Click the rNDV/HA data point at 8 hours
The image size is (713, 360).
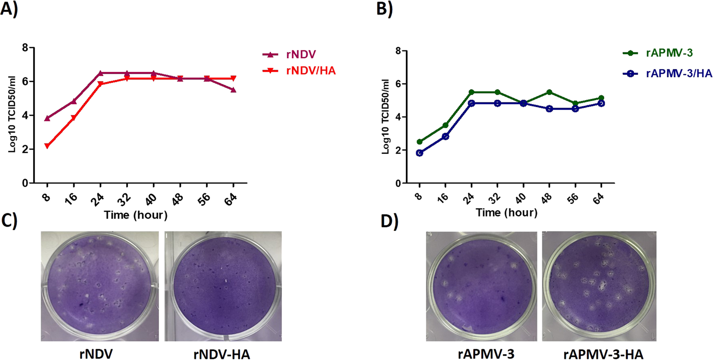47,146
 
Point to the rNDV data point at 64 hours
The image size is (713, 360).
233,90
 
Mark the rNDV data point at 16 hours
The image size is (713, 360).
73,101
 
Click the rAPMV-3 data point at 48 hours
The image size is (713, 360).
549,92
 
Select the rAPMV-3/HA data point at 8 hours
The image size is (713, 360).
419,153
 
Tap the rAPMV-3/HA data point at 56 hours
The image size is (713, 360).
575,109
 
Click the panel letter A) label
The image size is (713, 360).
10,10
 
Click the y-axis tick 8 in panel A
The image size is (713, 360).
25,48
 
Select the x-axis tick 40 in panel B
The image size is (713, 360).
522,197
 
